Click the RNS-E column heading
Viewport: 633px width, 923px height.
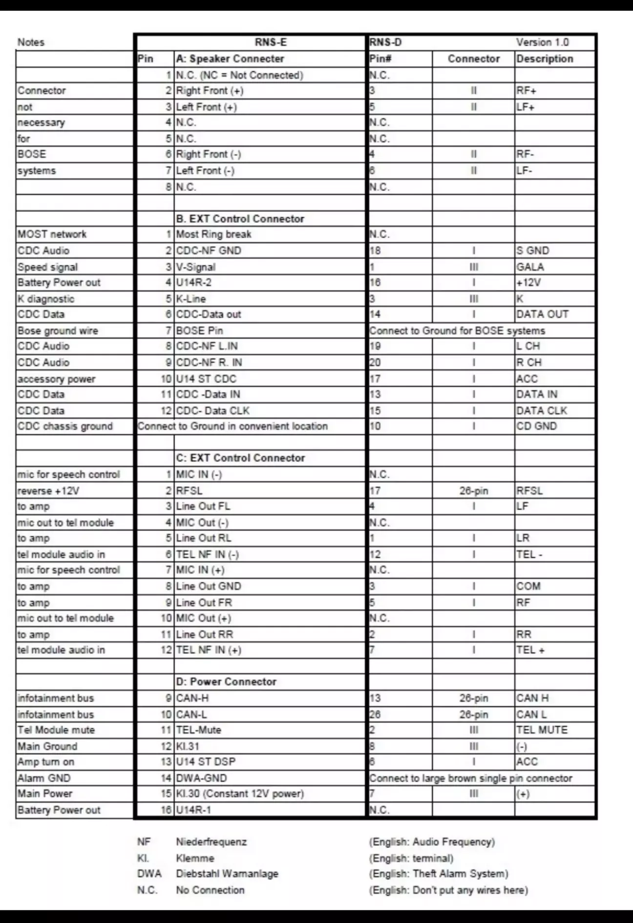pyautogui.click(x=271, y=42)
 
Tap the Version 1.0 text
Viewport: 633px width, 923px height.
pyautogui.click(x=542, y=42)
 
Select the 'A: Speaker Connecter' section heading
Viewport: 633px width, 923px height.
pyautogui.click(x=230, y=59)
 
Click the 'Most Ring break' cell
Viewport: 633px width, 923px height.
pyautogui.click(x=213, y=234)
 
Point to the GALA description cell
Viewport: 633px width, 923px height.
pyautogui.click(x=530, y=267)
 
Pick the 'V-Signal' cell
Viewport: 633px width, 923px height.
pyautogui.click(x=195, y=267)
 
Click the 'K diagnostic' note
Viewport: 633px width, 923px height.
pyautogui.click(x=46, y=299)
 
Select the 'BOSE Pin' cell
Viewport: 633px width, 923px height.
pyautogui.click(x=199, y=330)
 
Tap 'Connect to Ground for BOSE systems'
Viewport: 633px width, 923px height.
pyautogui.click(x=457, y=330)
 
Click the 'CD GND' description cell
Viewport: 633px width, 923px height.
pyautogui.click(x=536, y=426)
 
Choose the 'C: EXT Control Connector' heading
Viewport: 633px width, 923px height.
pyautogui.click(x=240, y=458)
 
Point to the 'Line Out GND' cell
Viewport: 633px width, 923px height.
pyautogui.click(x=209, y=586)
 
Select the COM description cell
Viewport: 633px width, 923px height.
pyautogui.click(x=528, y=586)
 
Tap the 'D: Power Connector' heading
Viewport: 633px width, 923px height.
pyautogui.click(x=226, y=681)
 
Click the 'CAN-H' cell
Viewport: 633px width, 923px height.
pyautogui.click(x=192, y=698)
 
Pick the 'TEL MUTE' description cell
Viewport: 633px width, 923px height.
pyautogui.click(x=542, y=730)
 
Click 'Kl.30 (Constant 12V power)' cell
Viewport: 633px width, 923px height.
pyautogui.click(x=240, y=794)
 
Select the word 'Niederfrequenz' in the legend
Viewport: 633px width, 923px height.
pyautogui.click(x=211, y=842)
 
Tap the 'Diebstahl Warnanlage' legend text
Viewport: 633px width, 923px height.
pyautogui.click(x=227, y=874)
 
